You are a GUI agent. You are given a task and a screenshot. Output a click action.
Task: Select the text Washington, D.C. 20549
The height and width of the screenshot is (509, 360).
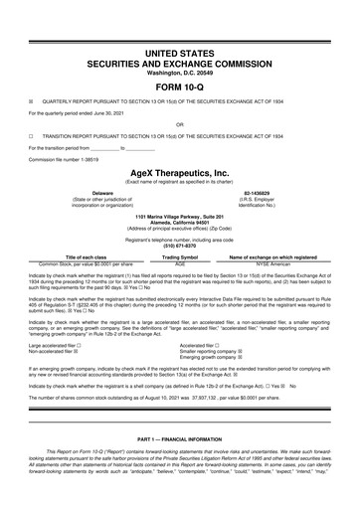point(179,71)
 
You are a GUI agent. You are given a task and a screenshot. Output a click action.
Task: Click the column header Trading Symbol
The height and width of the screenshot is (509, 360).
point(180,256)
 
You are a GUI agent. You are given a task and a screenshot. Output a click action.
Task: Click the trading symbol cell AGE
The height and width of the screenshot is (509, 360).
point(180,263)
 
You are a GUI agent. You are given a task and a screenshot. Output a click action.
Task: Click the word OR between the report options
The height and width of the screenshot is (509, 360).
point(179,125)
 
